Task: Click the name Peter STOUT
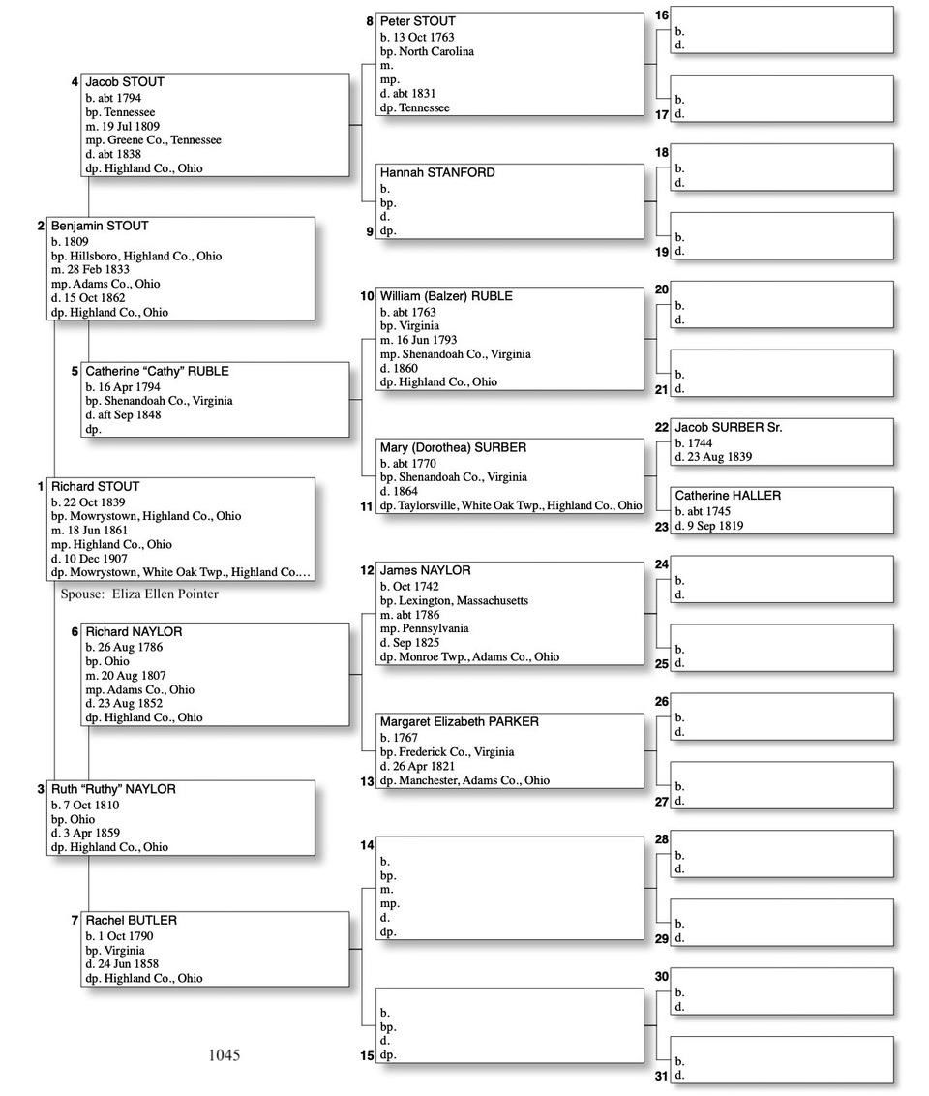(x=417, y=21)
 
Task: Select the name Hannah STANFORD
(x=436, y=172)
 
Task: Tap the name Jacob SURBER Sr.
(x=728, y=427)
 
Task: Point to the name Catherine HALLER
(x=727, y=496)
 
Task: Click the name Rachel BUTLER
(x=131, y=920)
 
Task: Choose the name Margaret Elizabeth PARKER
(x=459, y=721)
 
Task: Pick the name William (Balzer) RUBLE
(x=445, y=296)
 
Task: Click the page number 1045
(x=225, y=1055)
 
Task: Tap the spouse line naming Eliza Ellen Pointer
(x=139, y=594)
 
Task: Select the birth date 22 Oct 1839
(x=96, y=502)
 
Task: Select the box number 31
(x=662, y=1076)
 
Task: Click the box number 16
(x=662, y=15)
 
